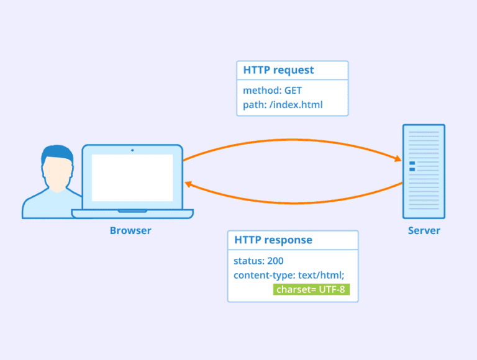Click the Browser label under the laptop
coord(130,231)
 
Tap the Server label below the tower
coord(424,231)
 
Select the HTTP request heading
coord(278,70)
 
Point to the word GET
coord(293,91)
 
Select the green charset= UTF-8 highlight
coord(311,289)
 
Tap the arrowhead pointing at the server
coord(397,160)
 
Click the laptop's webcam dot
coord(132,150)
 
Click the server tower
coord(424,171)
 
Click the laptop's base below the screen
coord(132,214)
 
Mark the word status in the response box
coord(247,261)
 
